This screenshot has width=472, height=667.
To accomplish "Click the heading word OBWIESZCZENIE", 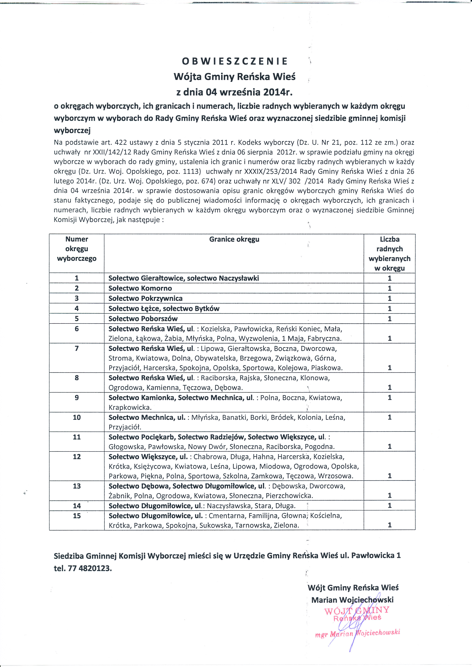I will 235,61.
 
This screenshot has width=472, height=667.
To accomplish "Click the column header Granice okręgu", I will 234,239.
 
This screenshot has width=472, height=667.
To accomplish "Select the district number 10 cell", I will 77,417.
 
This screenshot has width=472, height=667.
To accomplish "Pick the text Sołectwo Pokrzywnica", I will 145,298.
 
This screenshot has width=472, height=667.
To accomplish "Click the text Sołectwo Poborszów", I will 143,319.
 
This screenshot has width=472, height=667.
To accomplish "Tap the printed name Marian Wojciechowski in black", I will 352,600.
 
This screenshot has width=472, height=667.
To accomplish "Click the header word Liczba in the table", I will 389,239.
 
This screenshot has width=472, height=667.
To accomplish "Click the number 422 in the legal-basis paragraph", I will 121,143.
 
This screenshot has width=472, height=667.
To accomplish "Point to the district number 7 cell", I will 77,348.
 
